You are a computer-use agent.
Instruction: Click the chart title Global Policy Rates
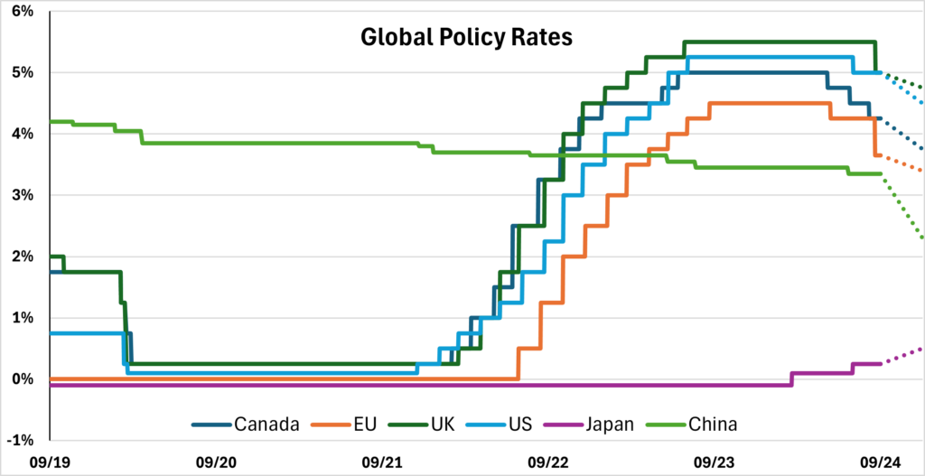click(x=466, y=39)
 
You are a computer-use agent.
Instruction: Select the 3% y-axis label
click(x=22, y=195)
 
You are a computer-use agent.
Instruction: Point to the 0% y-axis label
click(x=22, y=379)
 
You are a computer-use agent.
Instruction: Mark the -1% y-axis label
click(x=20, y=441)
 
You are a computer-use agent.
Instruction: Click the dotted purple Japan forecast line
click(x=903, y=356)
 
